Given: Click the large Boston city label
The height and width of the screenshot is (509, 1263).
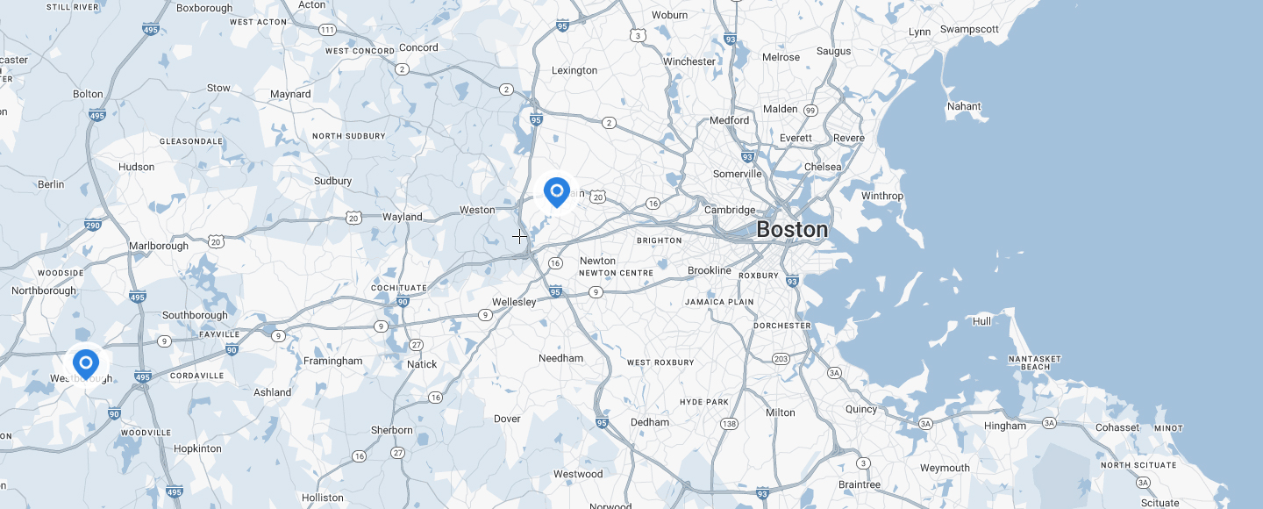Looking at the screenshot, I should click(791, 230).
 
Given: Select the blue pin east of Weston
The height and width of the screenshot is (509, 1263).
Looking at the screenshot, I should click(557, 191).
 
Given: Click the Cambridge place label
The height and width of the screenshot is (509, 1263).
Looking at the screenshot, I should click(730, 210).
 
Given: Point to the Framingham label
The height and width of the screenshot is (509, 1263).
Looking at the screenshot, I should click(332, 361).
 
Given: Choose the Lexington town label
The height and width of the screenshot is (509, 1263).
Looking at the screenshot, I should click(574, 70).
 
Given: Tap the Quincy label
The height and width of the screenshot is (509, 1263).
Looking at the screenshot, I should click(861, 409).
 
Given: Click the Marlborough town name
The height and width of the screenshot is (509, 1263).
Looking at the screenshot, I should click(158, 246).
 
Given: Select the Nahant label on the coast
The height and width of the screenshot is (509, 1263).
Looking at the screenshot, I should click(964, 106).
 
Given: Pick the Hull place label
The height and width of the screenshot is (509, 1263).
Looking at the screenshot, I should click(981, 321).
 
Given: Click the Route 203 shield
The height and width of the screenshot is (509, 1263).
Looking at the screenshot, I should click(781, 359).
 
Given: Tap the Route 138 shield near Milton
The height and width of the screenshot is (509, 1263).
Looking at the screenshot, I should click(729, 424).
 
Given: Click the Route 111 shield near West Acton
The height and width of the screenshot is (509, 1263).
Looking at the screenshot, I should click(327, 30).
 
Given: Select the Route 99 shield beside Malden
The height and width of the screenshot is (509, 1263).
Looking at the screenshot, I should click(810, 111).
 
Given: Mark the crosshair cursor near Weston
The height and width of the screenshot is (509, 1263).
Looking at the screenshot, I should click(519, 236).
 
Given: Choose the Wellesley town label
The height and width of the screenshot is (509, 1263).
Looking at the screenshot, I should click(513, 302).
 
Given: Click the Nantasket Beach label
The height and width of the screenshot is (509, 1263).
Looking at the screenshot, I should click(1035, 362).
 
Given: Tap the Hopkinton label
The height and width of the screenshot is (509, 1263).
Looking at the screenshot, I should click(197, 448).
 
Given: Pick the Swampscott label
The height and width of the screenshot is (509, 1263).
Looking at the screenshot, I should click(969, 29).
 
